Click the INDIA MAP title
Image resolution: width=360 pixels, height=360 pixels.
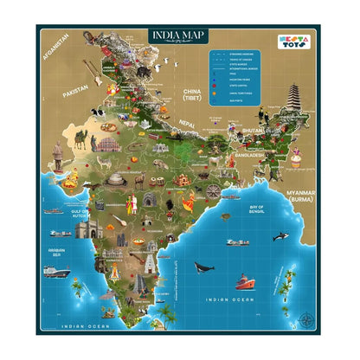pyautogui.click(x=179, y=35)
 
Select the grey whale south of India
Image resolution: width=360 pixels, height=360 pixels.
pyautogui.click(x=205, y=267)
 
